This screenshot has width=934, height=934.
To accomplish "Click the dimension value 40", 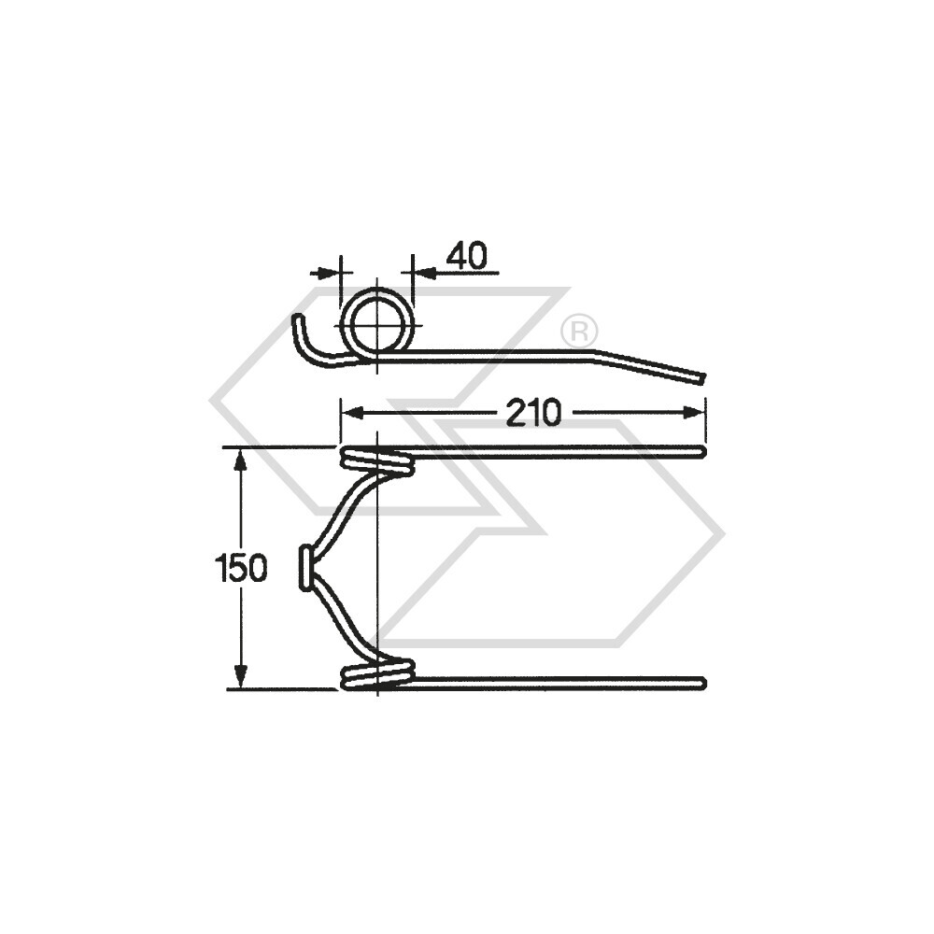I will click(466, 256).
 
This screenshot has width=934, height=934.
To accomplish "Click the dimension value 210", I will click(533, 413).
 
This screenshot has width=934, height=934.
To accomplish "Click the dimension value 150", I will click(241, 568).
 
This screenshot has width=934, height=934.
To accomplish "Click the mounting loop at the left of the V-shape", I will click(305, 568).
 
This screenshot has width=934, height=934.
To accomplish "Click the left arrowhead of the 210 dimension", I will click(347, 412).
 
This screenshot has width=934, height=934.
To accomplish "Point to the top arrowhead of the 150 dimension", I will click(241, 456).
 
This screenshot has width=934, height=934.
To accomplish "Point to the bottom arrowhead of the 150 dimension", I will click(241, 681).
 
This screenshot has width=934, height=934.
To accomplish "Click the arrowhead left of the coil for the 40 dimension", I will click(331, 273).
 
